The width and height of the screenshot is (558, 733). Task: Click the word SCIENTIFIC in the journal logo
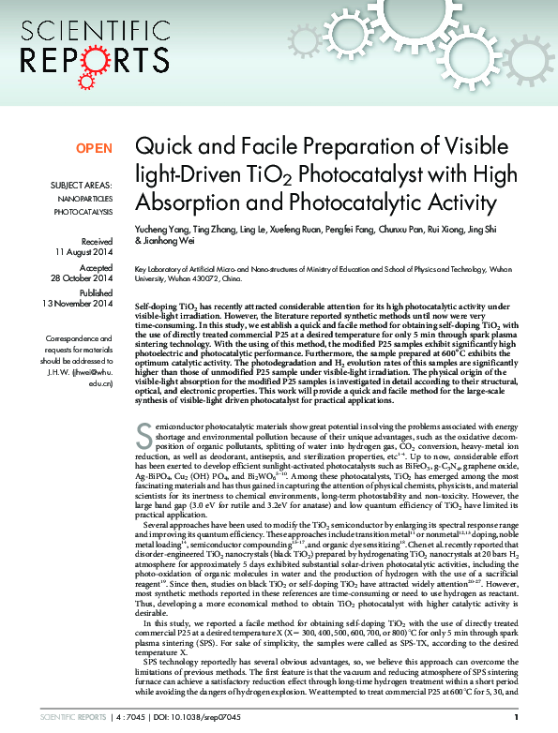point(83,29)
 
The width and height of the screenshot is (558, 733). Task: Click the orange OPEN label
point(94,148)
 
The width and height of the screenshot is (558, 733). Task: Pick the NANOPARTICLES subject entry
point(85,199)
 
